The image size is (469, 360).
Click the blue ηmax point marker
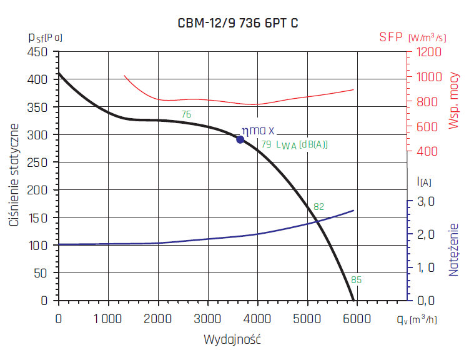240,139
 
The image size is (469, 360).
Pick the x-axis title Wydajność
232,340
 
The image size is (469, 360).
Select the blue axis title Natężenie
454,249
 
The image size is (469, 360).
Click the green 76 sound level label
186,114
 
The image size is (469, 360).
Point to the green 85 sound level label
356,279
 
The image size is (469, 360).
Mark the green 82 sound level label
318,207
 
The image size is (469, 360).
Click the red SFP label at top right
392,37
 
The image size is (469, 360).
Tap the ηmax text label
258,131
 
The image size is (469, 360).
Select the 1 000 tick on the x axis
108,318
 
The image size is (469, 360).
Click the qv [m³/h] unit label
416,319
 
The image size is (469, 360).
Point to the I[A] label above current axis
423,182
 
